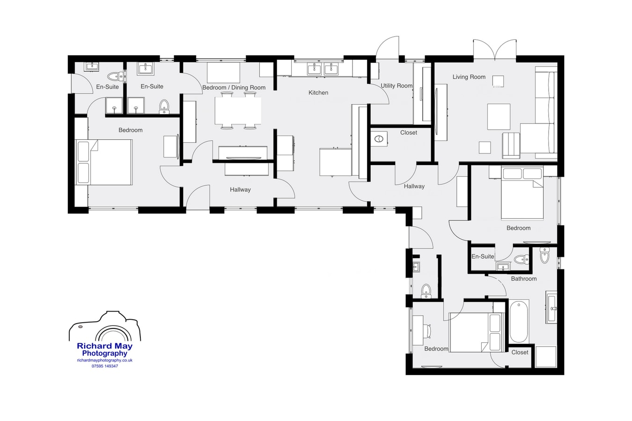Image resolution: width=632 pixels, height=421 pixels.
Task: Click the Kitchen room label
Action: click(318, 93)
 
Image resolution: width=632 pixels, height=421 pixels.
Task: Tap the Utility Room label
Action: click(396, 86)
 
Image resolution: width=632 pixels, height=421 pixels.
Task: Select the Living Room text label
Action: click(469, 77)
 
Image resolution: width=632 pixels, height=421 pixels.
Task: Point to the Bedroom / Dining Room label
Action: click(234, 87)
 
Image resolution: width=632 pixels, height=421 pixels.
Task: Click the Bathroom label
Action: click(523, 279)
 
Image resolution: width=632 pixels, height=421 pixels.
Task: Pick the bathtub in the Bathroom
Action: click(519, 322)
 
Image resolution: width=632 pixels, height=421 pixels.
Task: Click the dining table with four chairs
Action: click(238, 110)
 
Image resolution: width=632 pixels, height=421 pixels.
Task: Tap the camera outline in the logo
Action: click(105, 327)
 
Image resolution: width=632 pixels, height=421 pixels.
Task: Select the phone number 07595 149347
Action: click(105, 366)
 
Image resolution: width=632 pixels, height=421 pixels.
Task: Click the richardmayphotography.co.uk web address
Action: click(105, 360)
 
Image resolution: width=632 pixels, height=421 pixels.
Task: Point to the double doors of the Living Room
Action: click(494, 50)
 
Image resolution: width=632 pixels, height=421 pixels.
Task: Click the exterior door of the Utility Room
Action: click(388, 48)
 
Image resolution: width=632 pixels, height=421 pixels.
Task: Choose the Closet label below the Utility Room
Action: click(408, 133)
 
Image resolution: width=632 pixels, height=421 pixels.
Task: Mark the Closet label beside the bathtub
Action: click(520, 352)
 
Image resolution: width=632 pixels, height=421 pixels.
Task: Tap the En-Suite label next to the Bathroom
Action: click(483, 256)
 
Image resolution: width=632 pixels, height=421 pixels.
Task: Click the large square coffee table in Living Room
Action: click(499, 116)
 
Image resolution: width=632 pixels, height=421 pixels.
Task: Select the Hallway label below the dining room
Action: click(240, 189)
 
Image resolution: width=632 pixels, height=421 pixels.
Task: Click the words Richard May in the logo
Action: click(104, 347)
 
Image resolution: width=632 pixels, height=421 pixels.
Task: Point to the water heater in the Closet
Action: click(379, 139)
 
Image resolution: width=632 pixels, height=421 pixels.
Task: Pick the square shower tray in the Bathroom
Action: click(545, 356)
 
